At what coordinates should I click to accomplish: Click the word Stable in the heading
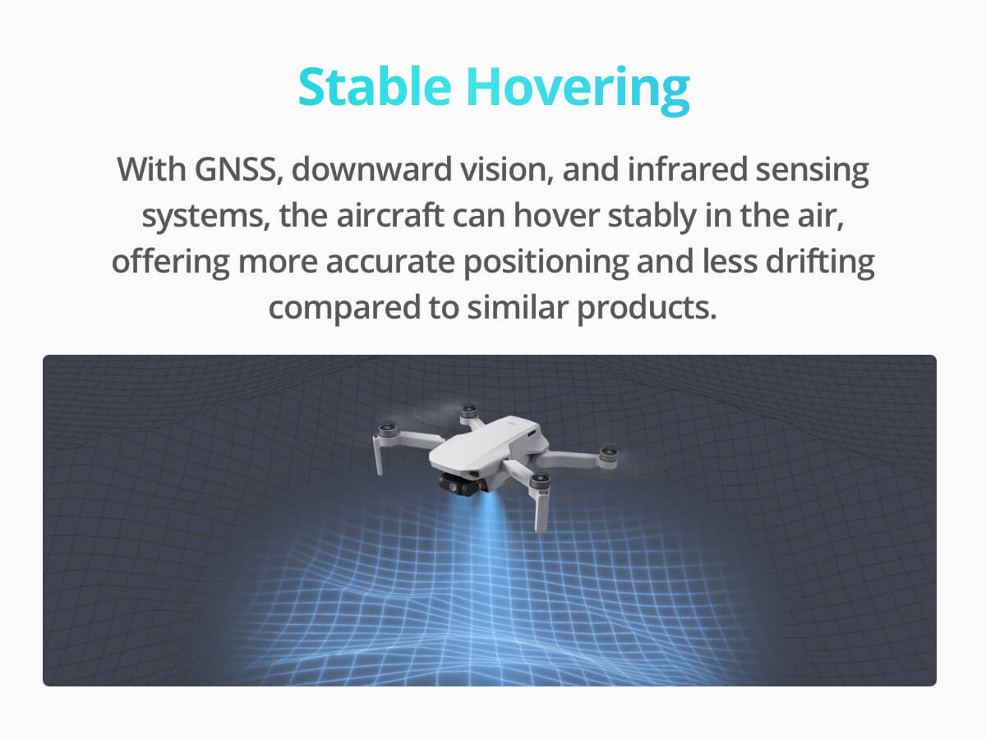375,86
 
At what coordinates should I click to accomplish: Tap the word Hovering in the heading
578,90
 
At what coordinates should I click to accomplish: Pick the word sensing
812,171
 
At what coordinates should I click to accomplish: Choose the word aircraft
390,215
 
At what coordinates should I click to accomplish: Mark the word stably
652,217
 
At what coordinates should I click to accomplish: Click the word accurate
390,262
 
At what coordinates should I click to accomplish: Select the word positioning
546,264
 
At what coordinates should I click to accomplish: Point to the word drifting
820,263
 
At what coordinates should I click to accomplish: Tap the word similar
518,307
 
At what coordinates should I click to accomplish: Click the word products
647,309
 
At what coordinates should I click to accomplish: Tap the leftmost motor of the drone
387,429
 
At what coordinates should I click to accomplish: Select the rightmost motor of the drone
608,457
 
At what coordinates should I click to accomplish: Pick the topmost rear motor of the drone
469,411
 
